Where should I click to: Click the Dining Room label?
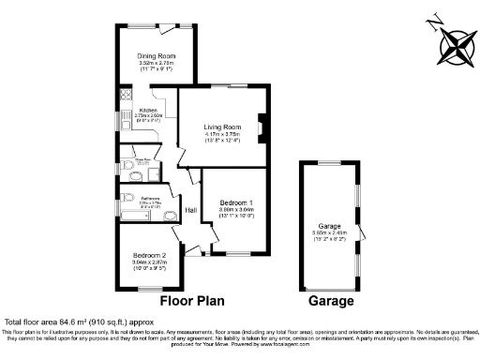coord(157,54)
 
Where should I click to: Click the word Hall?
coord(190,210)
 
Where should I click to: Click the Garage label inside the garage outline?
coord(328,226)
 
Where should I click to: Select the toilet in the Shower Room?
coord(125,167)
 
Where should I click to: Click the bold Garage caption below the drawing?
coord(331,301)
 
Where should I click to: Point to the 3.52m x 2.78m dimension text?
coord(157,62)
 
